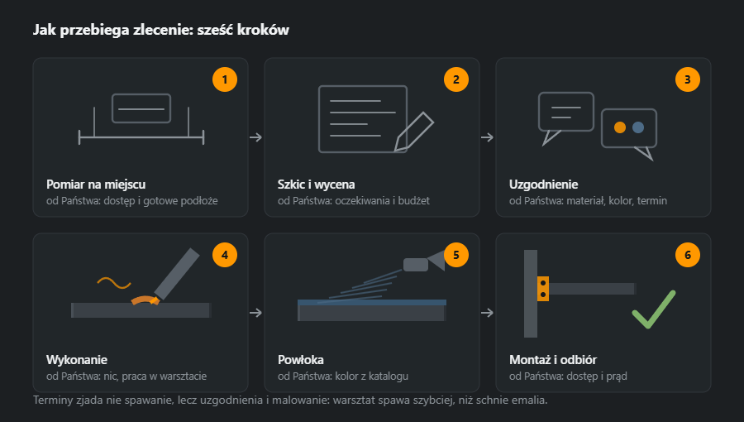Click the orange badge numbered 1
point(224,79)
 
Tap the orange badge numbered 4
point(224,255)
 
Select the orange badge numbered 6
point(688,255)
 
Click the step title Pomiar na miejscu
point(96,185)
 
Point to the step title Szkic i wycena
point(316,185)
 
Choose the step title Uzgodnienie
point(543,185)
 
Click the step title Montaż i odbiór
point(553,360)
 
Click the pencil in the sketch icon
point(413,132)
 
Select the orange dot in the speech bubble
point(620,127)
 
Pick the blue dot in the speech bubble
point(638,127)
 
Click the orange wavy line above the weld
point(114,283)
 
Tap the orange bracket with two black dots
point(543,289)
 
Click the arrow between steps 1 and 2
point(255,137)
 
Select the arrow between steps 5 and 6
point(487,313)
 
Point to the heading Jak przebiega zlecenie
point(113,30)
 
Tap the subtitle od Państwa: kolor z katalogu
point(343,376)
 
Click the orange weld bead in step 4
point(145,300)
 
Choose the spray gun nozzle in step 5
point(436,261)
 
